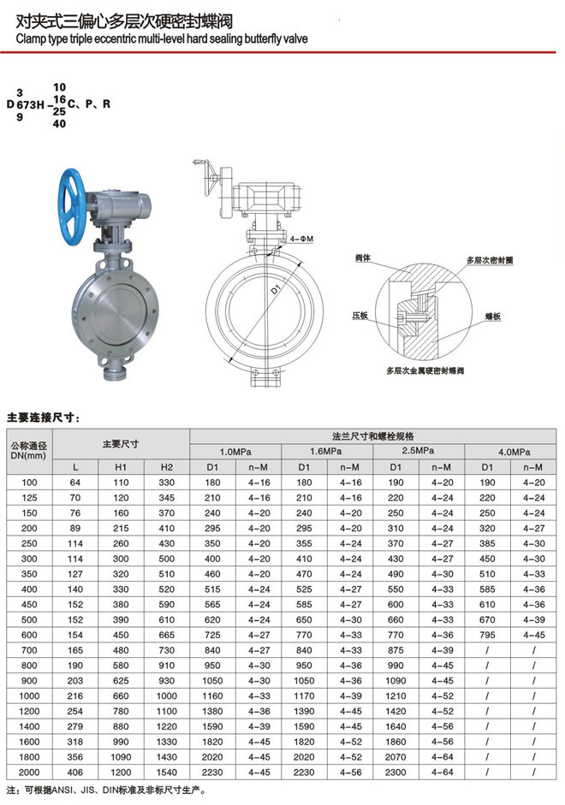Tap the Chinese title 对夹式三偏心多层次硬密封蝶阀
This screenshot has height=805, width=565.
119,21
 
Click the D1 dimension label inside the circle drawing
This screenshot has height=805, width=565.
277,292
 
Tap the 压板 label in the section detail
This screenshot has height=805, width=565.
359,317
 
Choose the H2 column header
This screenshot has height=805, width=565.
166,467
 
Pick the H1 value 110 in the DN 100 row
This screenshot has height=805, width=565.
121,483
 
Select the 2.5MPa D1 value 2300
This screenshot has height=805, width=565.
395,772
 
